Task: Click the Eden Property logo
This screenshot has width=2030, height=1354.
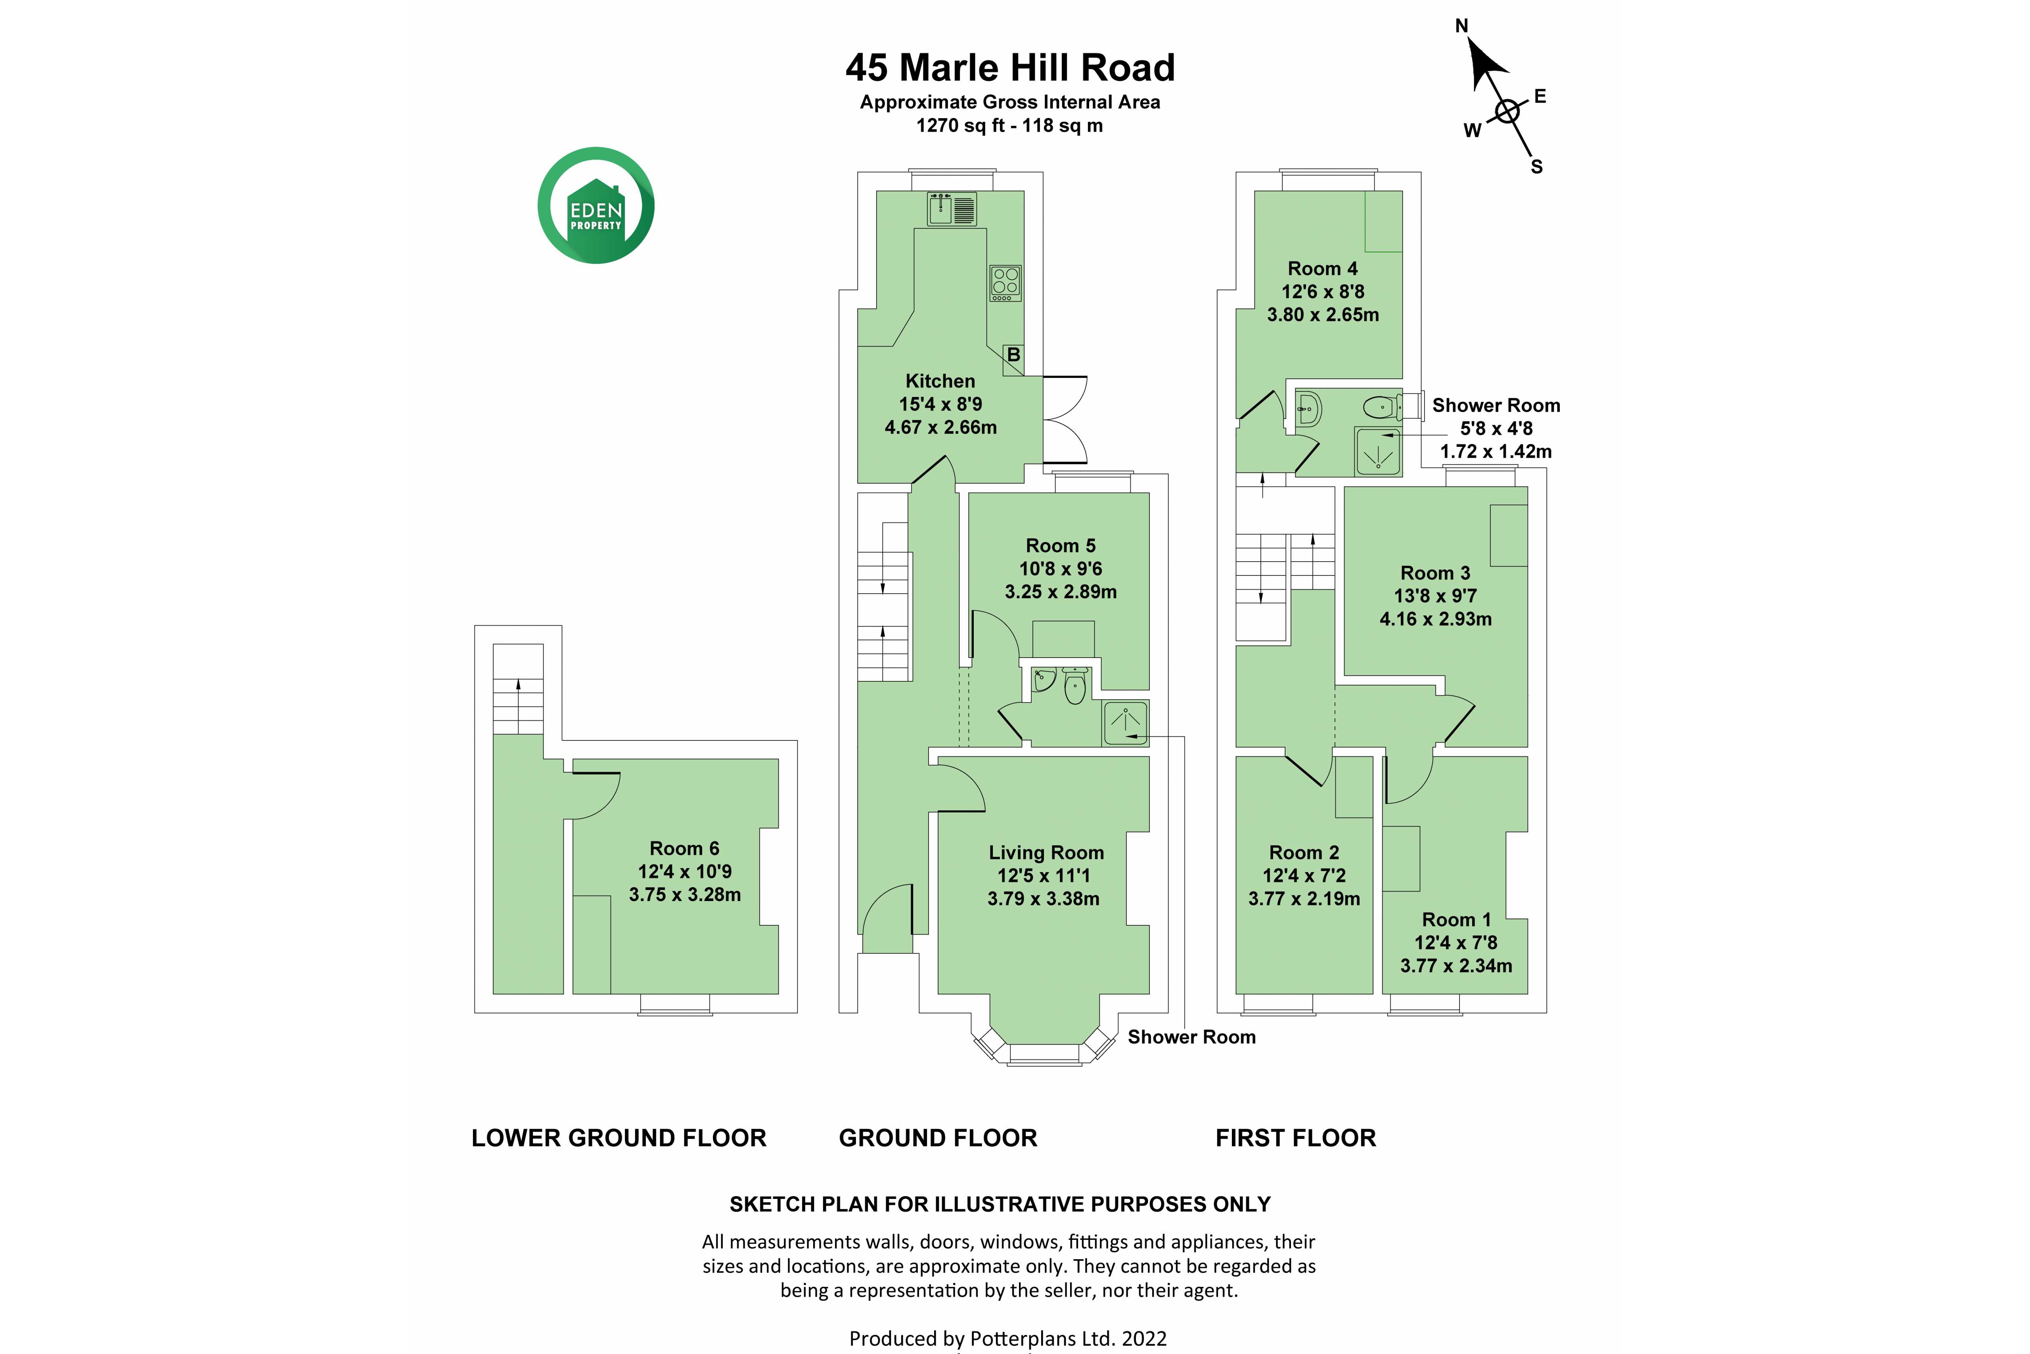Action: click(596, 205)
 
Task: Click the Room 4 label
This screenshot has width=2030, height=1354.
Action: click(1322, 268)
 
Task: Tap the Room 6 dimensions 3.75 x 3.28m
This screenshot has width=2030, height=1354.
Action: click(684, 895)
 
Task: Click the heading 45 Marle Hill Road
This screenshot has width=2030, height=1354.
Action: click(1010, 67)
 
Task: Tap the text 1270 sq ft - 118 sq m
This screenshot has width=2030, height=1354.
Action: click(1009, 125)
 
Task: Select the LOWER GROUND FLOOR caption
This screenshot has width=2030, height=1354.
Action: click(619, 1138)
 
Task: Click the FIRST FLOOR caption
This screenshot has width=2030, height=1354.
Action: click(1295, 1138)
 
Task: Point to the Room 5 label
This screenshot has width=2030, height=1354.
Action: click(1061, 546)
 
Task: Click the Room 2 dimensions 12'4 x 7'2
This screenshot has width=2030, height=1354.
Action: click(1304, 876)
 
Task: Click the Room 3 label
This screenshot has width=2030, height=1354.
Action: click(1435, 573)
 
